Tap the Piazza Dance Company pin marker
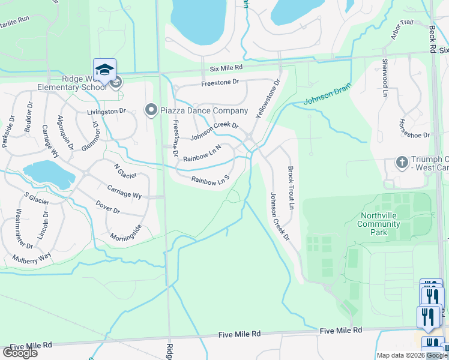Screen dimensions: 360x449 click(150, 110)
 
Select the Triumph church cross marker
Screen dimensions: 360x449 click(402, 163)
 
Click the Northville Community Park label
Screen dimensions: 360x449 click(378, 224)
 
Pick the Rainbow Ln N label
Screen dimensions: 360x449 click(202, 152)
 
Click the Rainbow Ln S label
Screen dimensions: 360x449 click(211, 179)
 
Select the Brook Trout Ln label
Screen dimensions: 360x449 click(291, 188)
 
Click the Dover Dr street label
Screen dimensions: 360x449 click(108, 208)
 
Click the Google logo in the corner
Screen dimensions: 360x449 click(20, 353)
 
